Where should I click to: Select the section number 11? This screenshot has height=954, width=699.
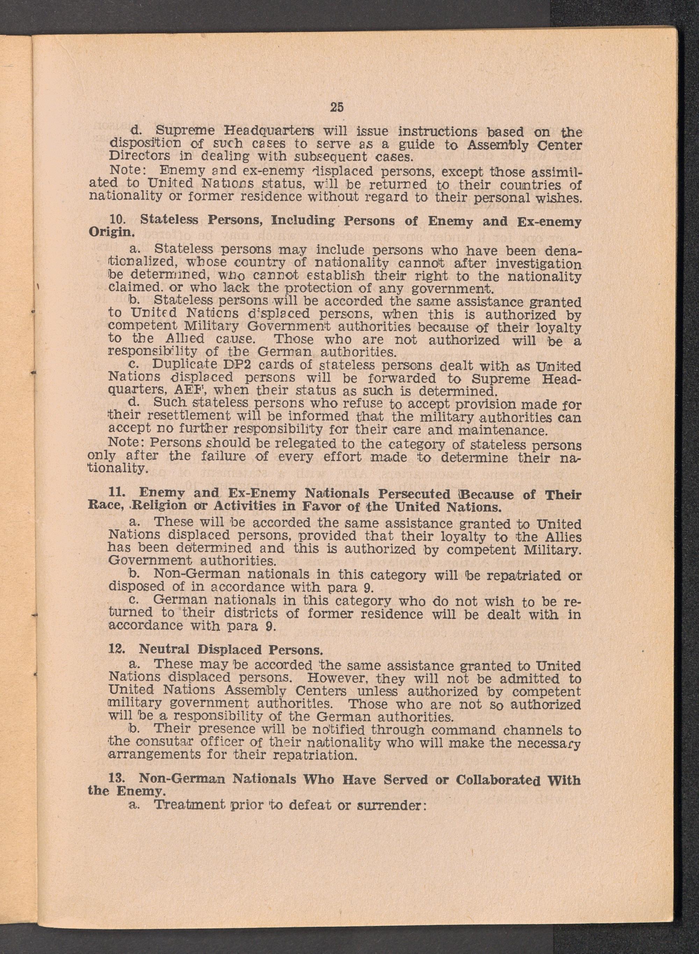pos(116,494)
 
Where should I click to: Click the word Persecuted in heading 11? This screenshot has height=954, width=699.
pos(415,494)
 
